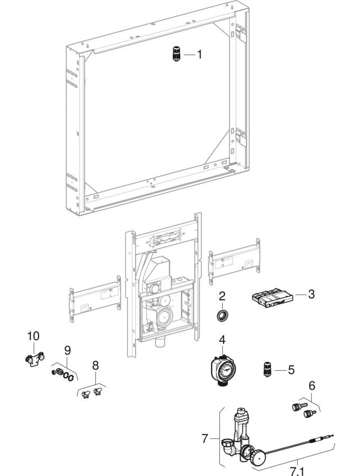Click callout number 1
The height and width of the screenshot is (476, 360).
[x=200, y=54]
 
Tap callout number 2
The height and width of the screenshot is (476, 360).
[x=222, y=295]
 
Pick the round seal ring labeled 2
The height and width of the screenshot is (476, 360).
[x=222, y=317]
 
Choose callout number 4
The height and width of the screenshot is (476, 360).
[x=222, y=339]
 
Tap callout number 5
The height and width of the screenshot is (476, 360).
[x=291, y=370]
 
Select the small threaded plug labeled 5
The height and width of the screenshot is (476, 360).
[x=267, y=369]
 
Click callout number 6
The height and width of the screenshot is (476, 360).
[x=312, y=386]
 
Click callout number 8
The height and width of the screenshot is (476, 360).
[x=95, y=364]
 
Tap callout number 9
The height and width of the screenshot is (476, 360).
[x=67, y=350]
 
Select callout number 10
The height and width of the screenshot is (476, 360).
[x=33, y=336]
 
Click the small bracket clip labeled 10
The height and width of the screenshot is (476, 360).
[x=33, y=360]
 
